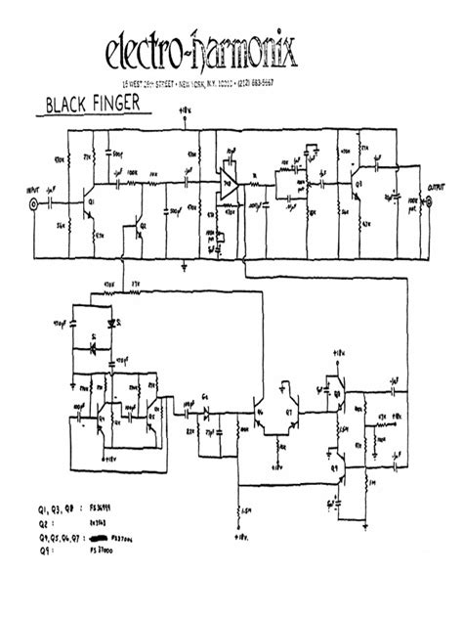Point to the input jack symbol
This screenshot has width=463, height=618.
[x=35, y=205]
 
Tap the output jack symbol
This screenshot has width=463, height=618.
[x=426, y=205]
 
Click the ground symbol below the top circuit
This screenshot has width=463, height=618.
[x=186, y=263]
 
